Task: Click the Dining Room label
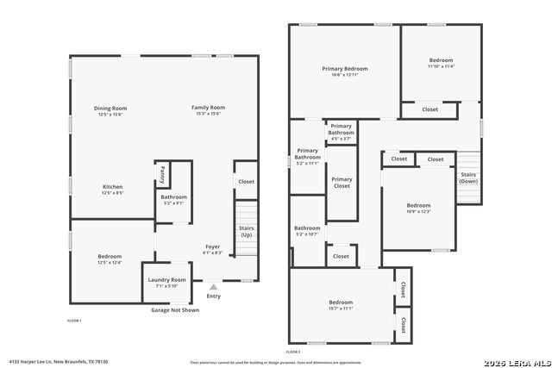[110, 108]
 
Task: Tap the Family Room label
[208, 108]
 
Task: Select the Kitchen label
[113, 187]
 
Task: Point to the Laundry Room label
[166, 280]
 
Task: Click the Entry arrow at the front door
[213, 286]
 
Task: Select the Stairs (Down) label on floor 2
[468, 178]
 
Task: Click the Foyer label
[212, 247]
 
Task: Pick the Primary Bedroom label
[345, 68]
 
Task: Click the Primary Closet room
[342, 183]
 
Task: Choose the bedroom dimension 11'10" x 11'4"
[441, 65]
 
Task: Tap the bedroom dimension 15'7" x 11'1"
[341, 308]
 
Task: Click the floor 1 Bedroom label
[110, 256]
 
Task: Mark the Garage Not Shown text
[175, 310]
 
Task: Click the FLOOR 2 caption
[293, 352]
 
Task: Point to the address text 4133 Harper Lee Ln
[44, 362]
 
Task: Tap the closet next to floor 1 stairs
[246, 182]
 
